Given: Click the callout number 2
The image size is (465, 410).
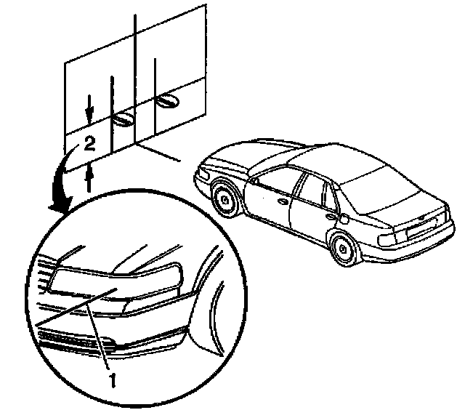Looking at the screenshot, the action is click(89, 144).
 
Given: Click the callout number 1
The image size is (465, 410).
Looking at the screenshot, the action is click(112, 377).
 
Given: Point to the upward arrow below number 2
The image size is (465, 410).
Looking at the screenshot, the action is click(89, 177).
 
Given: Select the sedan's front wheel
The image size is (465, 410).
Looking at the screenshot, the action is click(227, 200).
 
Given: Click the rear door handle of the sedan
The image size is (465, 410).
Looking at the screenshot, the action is click(331, 214).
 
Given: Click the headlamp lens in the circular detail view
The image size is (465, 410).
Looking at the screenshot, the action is click(116, 281).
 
